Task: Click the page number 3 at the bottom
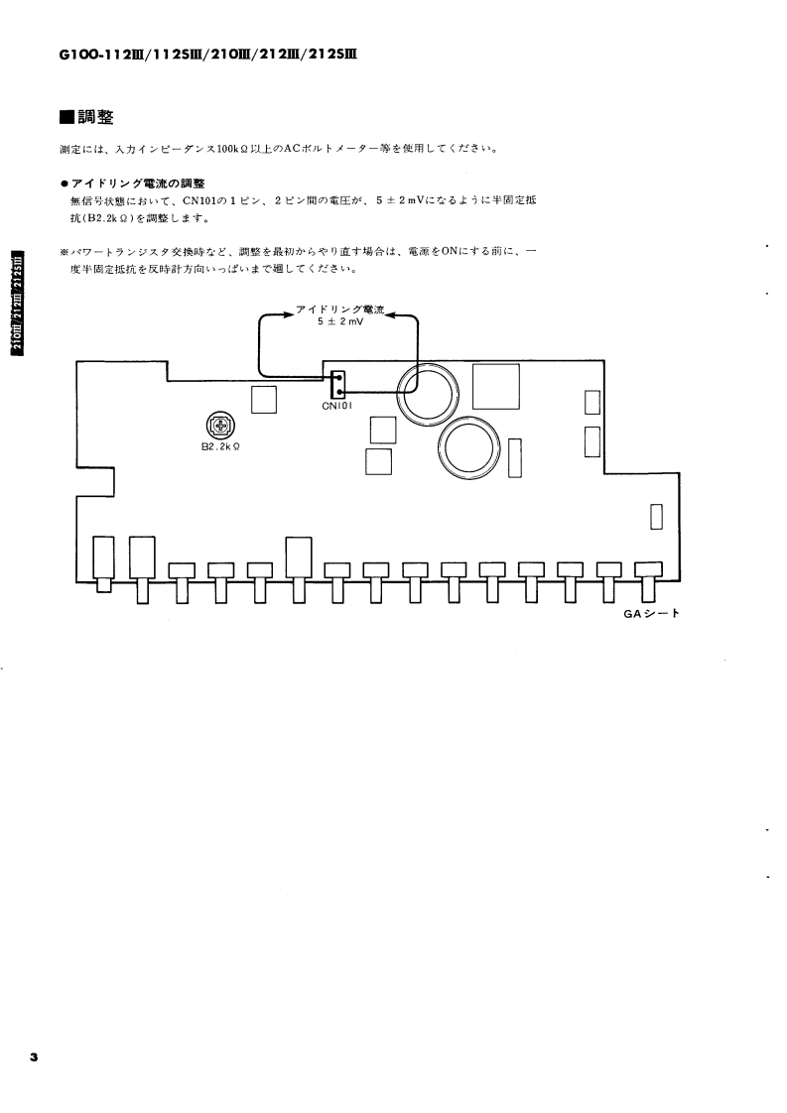tap(33, 1058)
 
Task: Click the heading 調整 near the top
tap(95, 118)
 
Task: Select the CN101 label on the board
tap(338, 406)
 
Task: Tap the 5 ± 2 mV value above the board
tap(340, 323)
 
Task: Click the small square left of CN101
tap(264, 398)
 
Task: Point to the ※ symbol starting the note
tap(65, 252)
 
